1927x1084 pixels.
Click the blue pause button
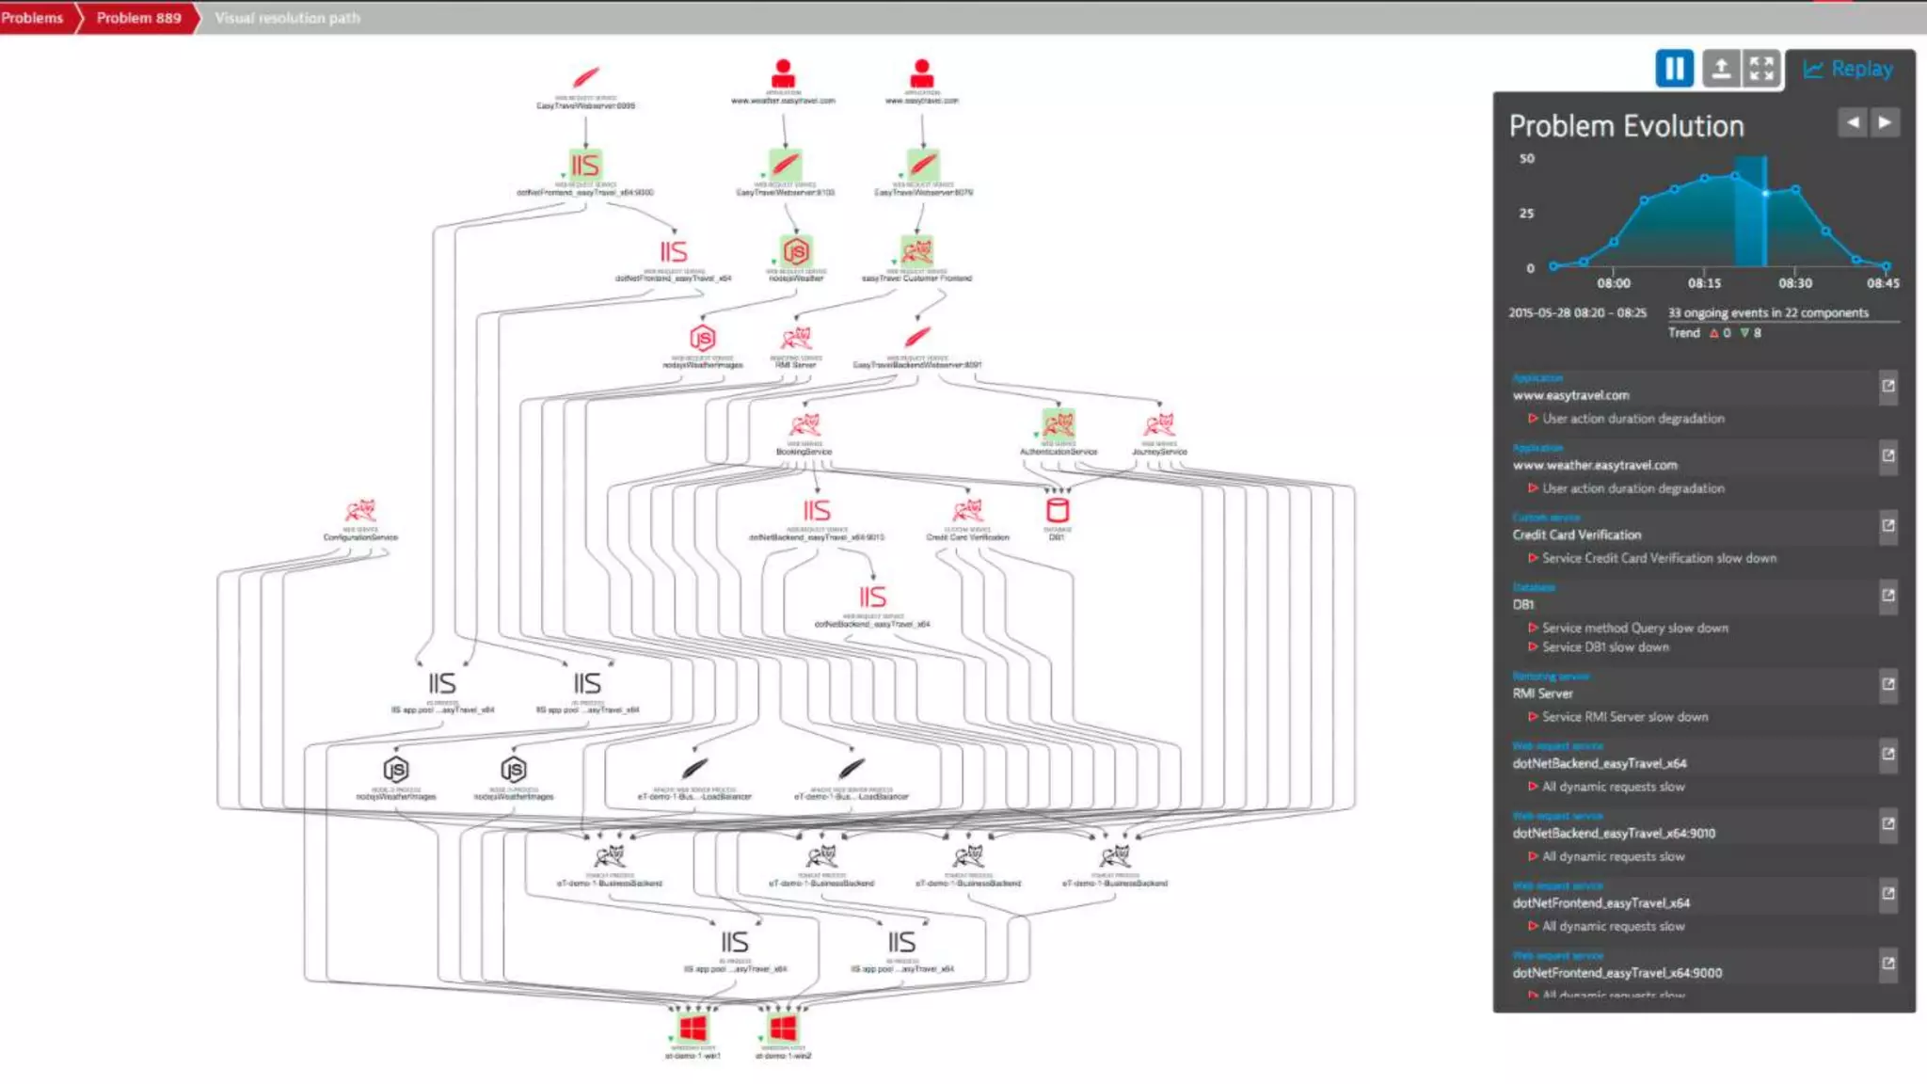(x=1674, y=69)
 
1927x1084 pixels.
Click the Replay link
(x=1849, y=69)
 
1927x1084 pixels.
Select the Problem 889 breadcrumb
(x=138, y=18)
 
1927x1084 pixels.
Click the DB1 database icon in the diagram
(x=1058, y=510)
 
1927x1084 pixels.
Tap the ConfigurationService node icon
(x=360, y=511)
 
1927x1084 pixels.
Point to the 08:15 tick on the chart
(x=1704, y=282)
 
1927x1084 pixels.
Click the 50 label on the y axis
(x=1526, y=159)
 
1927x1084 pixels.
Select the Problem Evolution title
(x=1626, y=126)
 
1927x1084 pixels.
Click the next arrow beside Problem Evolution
(x=1884, y=122)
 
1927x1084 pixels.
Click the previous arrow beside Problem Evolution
(x=1852, y=122)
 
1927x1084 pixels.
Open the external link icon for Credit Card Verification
(x=1887, y=526)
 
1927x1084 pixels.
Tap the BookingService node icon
(x=804, y=424)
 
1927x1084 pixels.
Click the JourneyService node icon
(x=1159, y=424)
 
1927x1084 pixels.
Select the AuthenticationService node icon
(x=1059, y=423)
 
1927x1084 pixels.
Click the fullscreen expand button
(x=1760, y=69)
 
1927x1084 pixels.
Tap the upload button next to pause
(x=1720, y=69)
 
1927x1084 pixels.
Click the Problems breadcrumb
(x=32, y=18)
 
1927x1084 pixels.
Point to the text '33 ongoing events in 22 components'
(x=1768, y=312)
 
